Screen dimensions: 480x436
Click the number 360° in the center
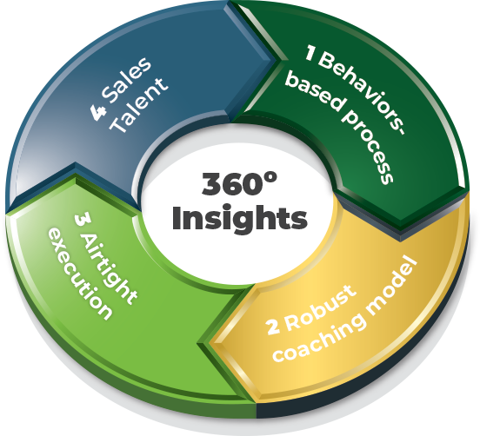coord(239,183)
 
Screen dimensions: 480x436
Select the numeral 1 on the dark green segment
coord(310,53)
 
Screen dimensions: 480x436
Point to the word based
coord(316,91)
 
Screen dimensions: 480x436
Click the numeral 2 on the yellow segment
coord(273,327)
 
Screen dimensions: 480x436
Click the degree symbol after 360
coord(271,178)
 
